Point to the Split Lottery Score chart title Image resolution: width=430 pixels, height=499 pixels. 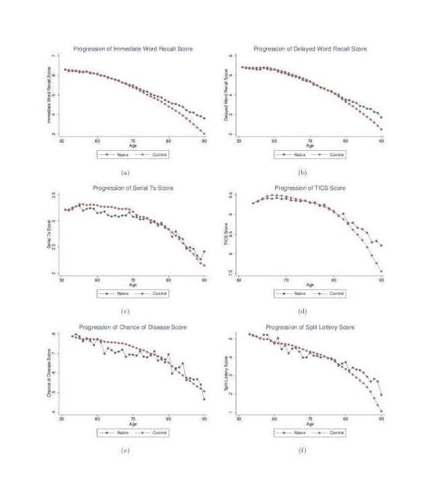(x=310, y=328)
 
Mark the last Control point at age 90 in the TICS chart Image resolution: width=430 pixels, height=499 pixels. (x=381, y=272)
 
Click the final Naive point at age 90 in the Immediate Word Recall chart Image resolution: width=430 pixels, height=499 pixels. (x=204, y=118)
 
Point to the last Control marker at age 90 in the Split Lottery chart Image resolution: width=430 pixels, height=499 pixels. (x=381, y=412)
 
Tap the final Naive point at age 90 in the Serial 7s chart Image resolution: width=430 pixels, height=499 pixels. (x=204, y=251)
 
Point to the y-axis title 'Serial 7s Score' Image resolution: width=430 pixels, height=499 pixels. (x=49, y=233)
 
